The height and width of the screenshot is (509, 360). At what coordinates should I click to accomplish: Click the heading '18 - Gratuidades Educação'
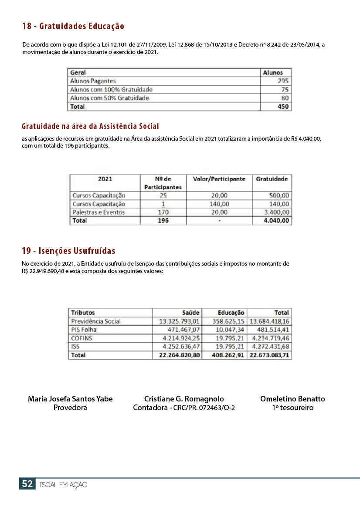pos(73,27)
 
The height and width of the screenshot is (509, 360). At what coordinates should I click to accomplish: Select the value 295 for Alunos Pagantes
pos(283,81)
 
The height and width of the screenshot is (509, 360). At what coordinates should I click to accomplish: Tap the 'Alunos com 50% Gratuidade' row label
pos(109,98)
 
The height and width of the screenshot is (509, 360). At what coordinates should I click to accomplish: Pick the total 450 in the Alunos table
pos(283,106)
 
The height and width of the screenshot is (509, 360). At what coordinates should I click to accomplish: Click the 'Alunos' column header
pos(273,73)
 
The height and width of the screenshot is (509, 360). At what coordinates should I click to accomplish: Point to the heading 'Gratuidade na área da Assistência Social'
pos(90,127)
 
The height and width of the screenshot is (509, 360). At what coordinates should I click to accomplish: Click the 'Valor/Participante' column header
pos(219,179)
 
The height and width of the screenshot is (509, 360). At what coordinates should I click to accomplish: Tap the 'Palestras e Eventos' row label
pos(98,212)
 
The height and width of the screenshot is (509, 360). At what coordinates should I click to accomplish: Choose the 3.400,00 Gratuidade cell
pos(276,212)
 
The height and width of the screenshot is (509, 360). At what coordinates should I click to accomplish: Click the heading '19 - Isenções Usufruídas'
pos(68,251)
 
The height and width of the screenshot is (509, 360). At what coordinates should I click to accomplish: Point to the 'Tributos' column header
pos(83,313)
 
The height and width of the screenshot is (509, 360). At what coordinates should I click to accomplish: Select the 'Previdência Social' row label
pos(95,321)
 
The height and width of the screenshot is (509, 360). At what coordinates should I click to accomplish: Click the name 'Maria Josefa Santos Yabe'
pos(70,399)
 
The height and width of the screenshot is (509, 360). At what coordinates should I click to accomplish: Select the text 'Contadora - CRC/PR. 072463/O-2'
pos(184,408)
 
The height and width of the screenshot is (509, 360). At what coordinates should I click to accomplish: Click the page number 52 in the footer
pos(27,484)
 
